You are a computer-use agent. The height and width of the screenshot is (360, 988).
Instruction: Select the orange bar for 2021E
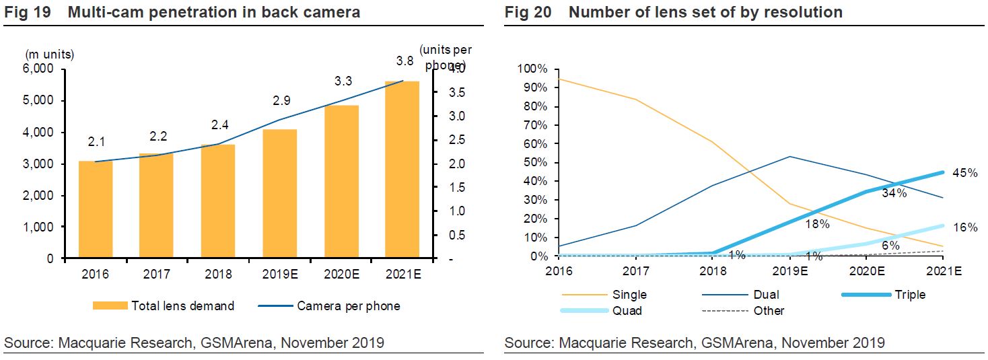click(x=402, y=170)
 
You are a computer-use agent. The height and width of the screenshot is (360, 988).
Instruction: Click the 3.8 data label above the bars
click(x=404, y=61)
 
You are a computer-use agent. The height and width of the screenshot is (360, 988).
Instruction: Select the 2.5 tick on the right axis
click(x=456, y=140)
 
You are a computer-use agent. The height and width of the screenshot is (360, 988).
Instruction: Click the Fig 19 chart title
click(x=182, y=12)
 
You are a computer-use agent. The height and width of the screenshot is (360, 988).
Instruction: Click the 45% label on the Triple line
click(x=964, y=173)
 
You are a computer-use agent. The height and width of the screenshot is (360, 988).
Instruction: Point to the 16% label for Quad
click(x=965, y=227)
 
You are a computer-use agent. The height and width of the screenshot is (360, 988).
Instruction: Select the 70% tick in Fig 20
click(x=532, y=125)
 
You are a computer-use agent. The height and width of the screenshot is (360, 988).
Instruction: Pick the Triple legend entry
click(x=910, y=295)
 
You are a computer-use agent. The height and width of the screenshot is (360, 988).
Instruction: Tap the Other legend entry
click(x=769, y=311)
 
